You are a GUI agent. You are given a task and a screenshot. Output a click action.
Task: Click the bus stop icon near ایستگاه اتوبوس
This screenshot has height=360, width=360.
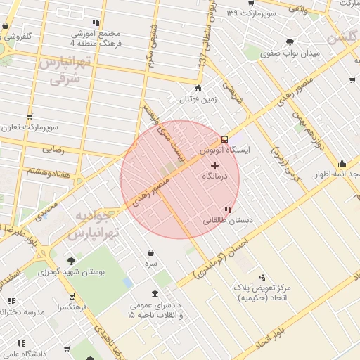224,139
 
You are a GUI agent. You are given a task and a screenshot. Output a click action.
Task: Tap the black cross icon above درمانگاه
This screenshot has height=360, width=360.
214,165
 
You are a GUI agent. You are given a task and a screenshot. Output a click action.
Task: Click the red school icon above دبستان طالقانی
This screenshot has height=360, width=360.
226,209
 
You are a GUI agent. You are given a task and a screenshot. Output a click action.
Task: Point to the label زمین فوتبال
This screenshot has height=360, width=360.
198,99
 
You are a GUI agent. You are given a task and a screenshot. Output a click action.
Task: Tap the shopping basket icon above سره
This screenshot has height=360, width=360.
151,252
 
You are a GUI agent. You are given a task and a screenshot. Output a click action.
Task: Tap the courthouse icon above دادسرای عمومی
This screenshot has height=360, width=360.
155,294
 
